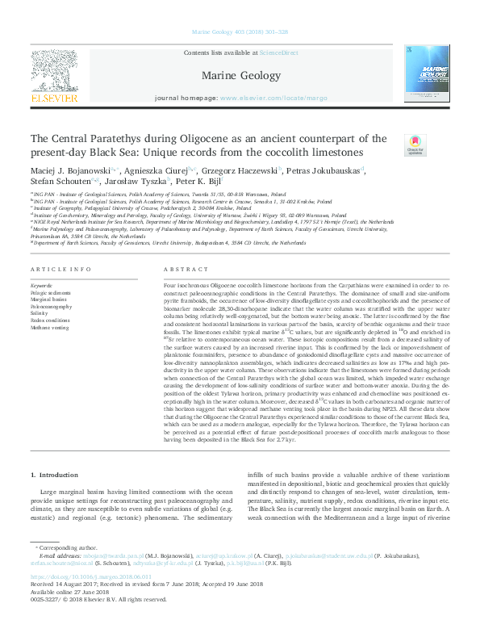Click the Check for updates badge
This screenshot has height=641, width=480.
click(x=415, y=145)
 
